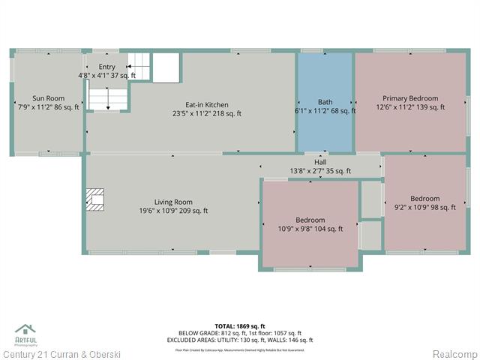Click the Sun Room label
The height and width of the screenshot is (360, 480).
tap(48, 98)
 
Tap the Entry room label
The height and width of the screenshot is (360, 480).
tap(107, 67)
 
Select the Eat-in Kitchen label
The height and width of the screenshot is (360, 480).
tap(207, 105)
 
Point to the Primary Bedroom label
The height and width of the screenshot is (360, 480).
tap(410, 98)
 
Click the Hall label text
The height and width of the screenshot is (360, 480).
tap(320, 162)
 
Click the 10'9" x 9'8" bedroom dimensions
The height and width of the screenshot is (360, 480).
tap(310, 229)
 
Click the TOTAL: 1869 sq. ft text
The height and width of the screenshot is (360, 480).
tap(240, 326)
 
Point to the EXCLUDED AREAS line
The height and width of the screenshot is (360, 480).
tap(240, 340)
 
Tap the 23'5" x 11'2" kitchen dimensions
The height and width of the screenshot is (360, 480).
tap(207, 114)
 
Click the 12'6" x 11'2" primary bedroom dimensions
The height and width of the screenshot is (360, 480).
tap(410, 107)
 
